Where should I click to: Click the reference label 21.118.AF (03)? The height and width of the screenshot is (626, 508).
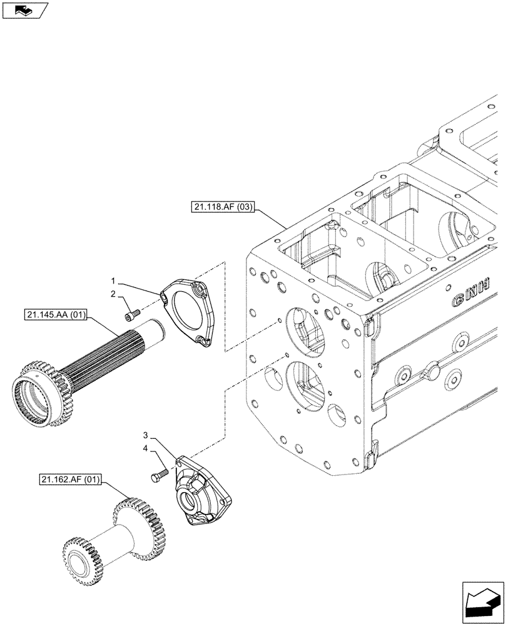click(x=220, y=208)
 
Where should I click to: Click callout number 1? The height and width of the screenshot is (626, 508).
click(x=113, y=281)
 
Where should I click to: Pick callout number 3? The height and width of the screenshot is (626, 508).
click(x=145, y=435)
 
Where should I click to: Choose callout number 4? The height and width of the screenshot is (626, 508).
click(x=145, y=448)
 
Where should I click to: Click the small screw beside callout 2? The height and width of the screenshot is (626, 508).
click(x=131, y=314)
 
